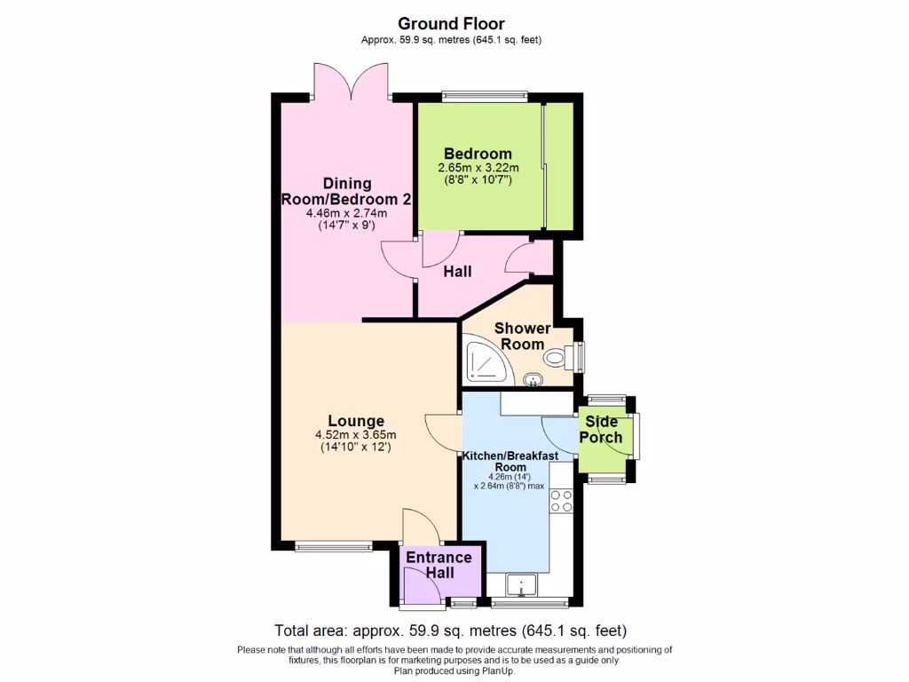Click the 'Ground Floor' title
coord(451,23)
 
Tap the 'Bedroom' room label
coord(478,154)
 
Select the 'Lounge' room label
coord(355,421)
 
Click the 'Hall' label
coord(457,272)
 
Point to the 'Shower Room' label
coord(522,337)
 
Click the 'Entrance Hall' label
coord(439,565)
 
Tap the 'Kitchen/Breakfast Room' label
coord(510,461)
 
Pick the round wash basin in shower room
coord(533,380)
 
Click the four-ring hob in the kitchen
coord(561,501)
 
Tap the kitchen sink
coord(521,584)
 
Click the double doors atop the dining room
coord(352,83)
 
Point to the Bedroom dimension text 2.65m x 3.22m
coord(478,169)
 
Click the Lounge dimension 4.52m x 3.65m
coord(355,435)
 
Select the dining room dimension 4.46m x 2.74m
coord(346,213)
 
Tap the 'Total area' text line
coord(451,631)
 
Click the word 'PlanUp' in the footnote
coord(495,671)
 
